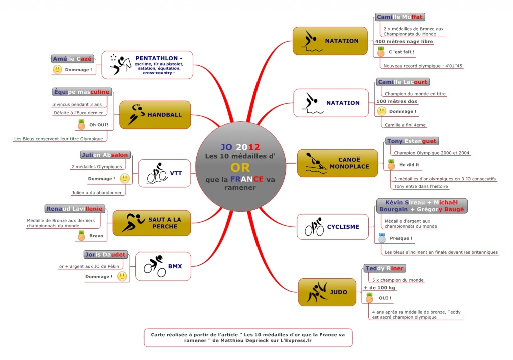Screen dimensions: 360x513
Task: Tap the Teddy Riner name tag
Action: pyautogui.click(x=385, y=268)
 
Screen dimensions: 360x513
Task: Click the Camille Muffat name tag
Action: pyautogui.click(x=400, y=17)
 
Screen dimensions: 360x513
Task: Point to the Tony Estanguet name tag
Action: pyautogui.click(x=412, y=141)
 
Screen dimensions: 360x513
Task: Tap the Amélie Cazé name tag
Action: pyautogui.click(x=72, y=59)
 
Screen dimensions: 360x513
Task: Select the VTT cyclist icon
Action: pyautogui.click(x=156, y=173)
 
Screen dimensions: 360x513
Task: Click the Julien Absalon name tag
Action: pyautogui.click(x=105, y=155)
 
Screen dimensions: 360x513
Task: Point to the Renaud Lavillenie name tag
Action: pyautogui.click(x=74, y=208)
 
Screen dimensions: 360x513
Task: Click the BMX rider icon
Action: pyautogui.click(x=155, y=266)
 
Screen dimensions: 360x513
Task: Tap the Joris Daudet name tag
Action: pyautogui.click(x=105, y=254)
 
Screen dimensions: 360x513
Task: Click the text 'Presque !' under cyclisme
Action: pyautogui.click(x=401, y=238)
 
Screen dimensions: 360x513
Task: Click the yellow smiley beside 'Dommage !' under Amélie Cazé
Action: pyautogui.click(x=57, y=70)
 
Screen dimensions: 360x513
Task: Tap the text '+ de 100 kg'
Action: pyautogui.click(x=379, y=288)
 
